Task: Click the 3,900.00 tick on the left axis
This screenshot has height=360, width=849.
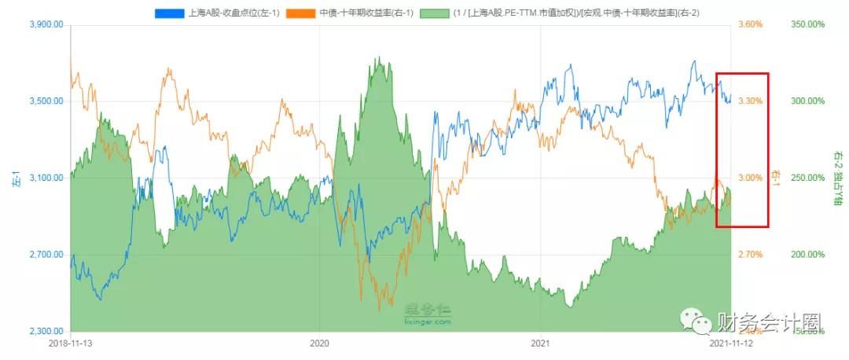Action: click(x=46, y=25)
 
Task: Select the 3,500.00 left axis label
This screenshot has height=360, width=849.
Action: click(x=46, y=101)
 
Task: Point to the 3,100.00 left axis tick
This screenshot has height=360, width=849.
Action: click(x=46, y=178)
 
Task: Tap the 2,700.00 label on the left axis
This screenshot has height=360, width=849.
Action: click(x=46, y=255)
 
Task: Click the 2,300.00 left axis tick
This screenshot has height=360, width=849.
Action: click(x=46, y=332)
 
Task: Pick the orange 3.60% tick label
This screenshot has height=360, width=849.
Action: click(x=751, y=25)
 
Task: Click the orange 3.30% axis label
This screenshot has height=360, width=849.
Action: click(x=751, y=101)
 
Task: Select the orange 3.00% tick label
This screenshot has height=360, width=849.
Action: click(x=751, y=178)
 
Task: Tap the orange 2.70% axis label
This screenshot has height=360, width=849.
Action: click(x=751, y=255)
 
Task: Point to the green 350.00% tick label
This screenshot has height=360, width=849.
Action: click(x=807, y=25)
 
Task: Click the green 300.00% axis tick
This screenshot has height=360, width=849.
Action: click(x=807, y=101)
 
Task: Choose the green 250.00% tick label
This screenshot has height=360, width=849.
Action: click(x=807, y=178)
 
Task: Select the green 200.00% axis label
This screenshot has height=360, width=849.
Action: click(x=807, y=255)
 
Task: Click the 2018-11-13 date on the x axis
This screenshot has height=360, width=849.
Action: click(x=71, y=343)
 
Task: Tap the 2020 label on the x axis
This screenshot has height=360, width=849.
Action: click(x=319, y=343)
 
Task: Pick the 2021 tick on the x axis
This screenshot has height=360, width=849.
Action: click(x=539, y=343)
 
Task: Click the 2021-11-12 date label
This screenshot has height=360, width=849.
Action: click(x=730, y=343)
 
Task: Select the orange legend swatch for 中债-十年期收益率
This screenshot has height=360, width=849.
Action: click(x=301, y=13)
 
